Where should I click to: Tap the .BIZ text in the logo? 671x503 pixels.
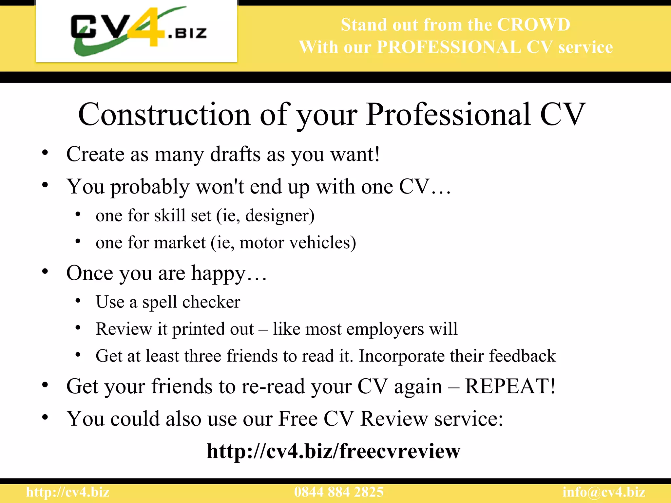pyautogui.click(x=187, y=33)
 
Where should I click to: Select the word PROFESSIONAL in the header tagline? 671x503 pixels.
pyautogui.click(x=449, y=47)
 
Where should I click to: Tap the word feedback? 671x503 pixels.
pyautogui.click(x=522, y=356)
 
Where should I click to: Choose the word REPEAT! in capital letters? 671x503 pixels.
pyautogui.click(x=510, y=386)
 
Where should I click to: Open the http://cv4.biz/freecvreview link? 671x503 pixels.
pyautogui.click(x=334, y=451)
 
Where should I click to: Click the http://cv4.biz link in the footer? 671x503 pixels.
pyautogui.click(x=68, y=492)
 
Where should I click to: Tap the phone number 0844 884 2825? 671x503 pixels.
pyautogui.click(x=339, y=492)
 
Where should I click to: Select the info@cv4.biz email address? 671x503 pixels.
pyautogui.click(x=604, y=492)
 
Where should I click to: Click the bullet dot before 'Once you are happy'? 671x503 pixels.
pyautogui.click(x=45, y=271)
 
